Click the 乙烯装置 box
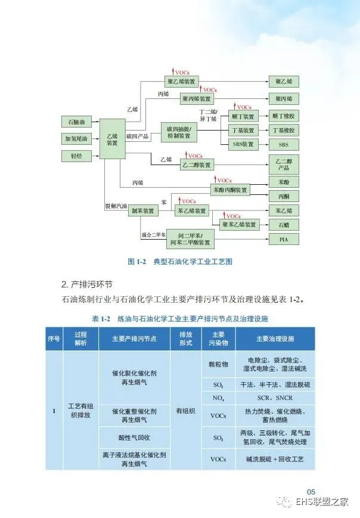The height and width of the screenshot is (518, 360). (x=112, y=139)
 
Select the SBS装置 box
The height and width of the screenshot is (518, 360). (x=243, y=144)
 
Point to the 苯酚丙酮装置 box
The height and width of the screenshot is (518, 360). (x=230, y=190)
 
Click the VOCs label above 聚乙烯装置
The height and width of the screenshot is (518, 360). (x=181, y=72)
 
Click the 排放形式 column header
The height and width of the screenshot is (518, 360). (x=181, y=339)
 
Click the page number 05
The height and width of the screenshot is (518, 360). (x=311, y=491)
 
